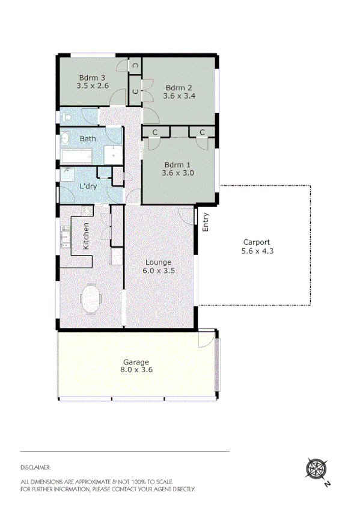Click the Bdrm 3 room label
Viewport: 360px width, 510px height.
pos(93,78)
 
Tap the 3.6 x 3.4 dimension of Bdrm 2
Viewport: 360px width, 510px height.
pos(180,96)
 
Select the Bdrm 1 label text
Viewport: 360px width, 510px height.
pos(178,165)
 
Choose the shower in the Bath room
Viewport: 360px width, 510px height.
pos(112,154)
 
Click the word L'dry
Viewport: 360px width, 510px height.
pos(88,186)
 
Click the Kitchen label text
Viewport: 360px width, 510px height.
pos(86,236)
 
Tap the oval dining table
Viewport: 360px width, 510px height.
pos(91,299)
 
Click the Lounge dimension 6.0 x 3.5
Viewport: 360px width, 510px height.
pos(158,271)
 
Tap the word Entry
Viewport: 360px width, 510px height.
pos(206,223)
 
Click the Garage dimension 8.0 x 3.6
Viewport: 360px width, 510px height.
pos(136,370)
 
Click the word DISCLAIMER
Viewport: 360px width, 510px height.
pos(35,467)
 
